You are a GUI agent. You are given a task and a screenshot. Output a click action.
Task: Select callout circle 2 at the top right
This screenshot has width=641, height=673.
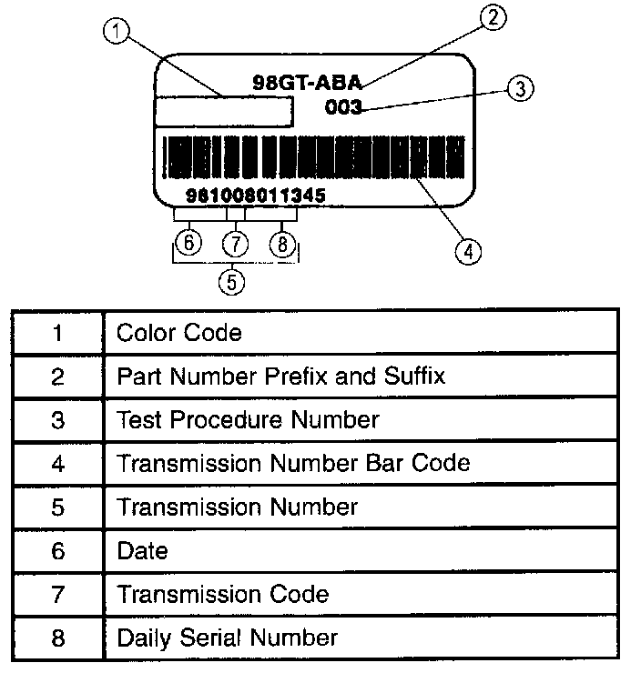click(492, 18)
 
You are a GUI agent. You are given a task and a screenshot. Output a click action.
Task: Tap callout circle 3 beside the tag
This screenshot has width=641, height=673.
click(518, 88)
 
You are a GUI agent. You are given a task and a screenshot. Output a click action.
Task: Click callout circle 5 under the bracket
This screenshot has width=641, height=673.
click(232, 281)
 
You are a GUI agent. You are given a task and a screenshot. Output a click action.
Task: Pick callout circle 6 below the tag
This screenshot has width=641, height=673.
click(188, 244)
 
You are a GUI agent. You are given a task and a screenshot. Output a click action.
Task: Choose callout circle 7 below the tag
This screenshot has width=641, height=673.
click(236, 244)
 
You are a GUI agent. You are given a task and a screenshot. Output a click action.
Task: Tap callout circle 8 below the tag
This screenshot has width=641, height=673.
click(283, 244)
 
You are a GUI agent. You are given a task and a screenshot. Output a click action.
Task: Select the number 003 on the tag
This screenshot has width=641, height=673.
click(343, 107)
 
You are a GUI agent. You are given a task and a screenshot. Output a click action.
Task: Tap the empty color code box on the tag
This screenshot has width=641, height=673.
click(224, 111)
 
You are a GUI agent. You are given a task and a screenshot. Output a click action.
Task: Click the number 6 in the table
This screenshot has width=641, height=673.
click(58, 550)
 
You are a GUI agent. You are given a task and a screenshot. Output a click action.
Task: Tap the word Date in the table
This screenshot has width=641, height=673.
click(142, 550)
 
